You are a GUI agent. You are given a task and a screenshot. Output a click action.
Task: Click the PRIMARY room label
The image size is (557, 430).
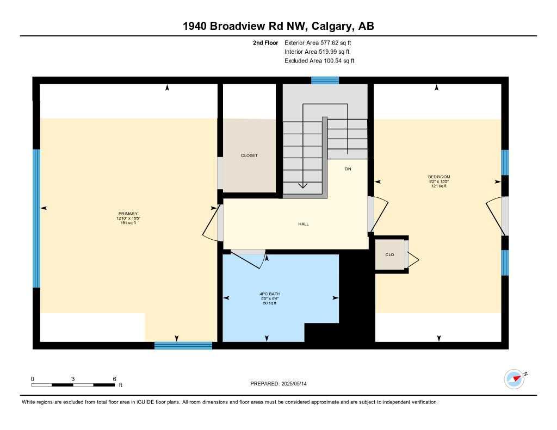(128, 214)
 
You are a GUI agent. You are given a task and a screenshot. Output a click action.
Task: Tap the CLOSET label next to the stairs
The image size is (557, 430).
(249, 155)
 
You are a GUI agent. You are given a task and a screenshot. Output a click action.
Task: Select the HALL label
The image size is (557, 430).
(304, 224)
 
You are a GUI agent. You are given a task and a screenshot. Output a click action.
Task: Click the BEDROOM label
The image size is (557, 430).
(439, 177)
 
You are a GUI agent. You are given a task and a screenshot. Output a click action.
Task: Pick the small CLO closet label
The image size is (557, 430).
(389, 254)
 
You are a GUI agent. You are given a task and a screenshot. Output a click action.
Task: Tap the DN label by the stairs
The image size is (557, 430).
(348, 169)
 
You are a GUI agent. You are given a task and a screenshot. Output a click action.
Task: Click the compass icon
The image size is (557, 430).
(515, 379)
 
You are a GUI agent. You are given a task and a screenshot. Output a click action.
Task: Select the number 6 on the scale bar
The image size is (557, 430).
(114, 379)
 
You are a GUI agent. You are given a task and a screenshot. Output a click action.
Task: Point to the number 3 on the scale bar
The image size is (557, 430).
(72, 379)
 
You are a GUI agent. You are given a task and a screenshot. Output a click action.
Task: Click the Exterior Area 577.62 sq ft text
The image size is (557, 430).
(321, 42)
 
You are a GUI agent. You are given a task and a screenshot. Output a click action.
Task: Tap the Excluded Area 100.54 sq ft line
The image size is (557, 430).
(319, 61)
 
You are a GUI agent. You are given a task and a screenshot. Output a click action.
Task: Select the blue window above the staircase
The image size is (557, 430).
(325, 80)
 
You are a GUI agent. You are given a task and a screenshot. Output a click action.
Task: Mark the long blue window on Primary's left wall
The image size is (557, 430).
(36, 218)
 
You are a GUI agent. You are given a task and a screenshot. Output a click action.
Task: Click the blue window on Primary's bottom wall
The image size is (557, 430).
(183, 345)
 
